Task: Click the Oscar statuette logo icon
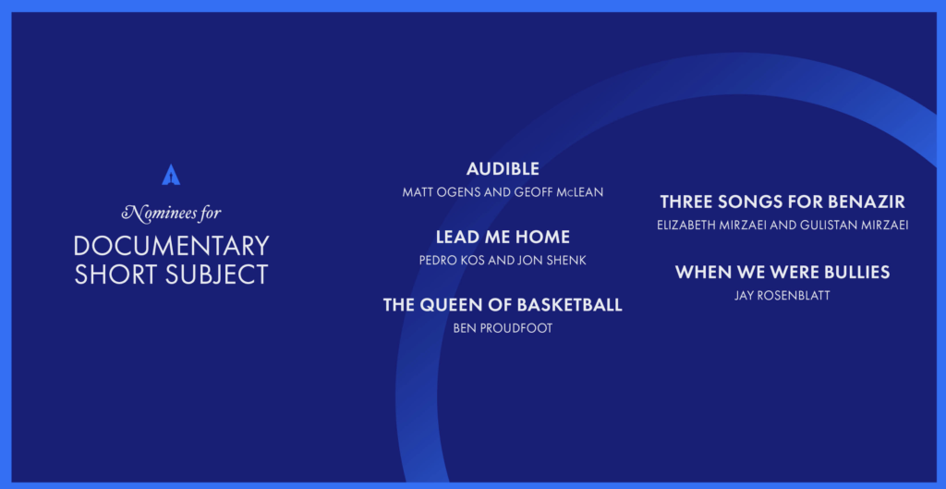tap(171, 175)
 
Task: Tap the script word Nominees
tap(155, 213)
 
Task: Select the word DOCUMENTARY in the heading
tap(171, 246)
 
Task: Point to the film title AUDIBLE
tap(503, 169)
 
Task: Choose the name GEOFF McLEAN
tap(560, 192)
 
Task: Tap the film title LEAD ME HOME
tap(503, 238)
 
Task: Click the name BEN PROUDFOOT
tap(503, 329)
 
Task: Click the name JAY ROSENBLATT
tap(782, 296)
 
